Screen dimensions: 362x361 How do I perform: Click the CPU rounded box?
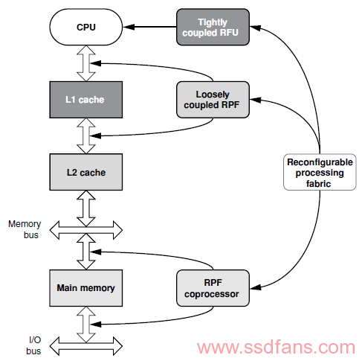(86, 27)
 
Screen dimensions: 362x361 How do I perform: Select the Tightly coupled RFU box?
(213, 27)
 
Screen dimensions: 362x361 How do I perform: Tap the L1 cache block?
(86, 100)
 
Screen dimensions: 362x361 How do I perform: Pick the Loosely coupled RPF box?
(213, 100)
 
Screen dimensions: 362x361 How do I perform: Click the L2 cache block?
(86, 172)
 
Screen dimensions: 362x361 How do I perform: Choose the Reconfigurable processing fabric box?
(320, 172)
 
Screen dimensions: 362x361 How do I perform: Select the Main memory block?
(86, 288)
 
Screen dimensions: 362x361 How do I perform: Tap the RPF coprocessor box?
(213, 288)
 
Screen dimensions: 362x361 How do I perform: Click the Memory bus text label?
(25, 229)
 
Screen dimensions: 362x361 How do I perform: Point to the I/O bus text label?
(34, 345)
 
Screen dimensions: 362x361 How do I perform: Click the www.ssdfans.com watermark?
(277, 347)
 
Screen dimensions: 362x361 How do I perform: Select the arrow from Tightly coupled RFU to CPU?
(149, 27)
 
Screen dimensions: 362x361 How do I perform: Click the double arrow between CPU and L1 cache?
(86, 63)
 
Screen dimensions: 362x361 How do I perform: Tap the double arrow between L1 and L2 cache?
(86, 136)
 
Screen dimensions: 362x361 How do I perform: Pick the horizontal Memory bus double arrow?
(86, 230)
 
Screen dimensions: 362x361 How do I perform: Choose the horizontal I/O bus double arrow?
(86, 346)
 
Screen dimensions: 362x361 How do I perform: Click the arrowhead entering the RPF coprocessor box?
(255, 287)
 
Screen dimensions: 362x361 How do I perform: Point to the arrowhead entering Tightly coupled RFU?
(255, 28)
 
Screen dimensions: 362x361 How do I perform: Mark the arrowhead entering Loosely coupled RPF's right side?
(255, 100)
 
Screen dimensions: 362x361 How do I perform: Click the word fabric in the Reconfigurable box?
(318, 184)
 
